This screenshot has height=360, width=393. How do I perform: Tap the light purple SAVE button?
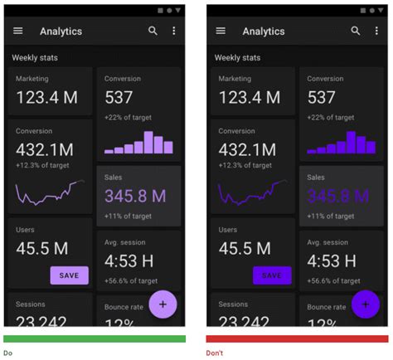point(70,275)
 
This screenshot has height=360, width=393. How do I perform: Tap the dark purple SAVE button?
point(272,275)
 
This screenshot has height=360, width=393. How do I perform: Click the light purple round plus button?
point(163,304)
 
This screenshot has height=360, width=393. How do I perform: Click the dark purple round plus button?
point(365,304)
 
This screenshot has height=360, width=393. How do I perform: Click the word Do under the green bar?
point(7,353)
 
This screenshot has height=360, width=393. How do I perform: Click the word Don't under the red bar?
point(215,353)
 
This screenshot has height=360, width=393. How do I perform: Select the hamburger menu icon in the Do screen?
point(18,31)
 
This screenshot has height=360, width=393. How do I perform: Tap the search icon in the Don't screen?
point(356,31)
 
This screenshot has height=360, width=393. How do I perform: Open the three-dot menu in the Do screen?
point(174,31)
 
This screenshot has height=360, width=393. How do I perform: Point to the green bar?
point(95,338)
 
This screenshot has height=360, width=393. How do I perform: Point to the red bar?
point(297,338)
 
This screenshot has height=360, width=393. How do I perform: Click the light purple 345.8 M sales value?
point(135,197)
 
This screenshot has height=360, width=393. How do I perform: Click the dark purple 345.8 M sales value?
point(337,197)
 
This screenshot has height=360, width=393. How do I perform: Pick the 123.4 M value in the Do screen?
point(47,97)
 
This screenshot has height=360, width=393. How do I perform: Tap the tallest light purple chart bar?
point(148,142)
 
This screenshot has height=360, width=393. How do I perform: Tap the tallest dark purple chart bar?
point(351,142)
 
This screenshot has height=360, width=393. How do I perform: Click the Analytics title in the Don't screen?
point(263,32)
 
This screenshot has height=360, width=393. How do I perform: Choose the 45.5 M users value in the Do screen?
point(42,248)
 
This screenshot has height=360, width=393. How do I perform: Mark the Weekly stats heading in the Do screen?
point(35,57)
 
